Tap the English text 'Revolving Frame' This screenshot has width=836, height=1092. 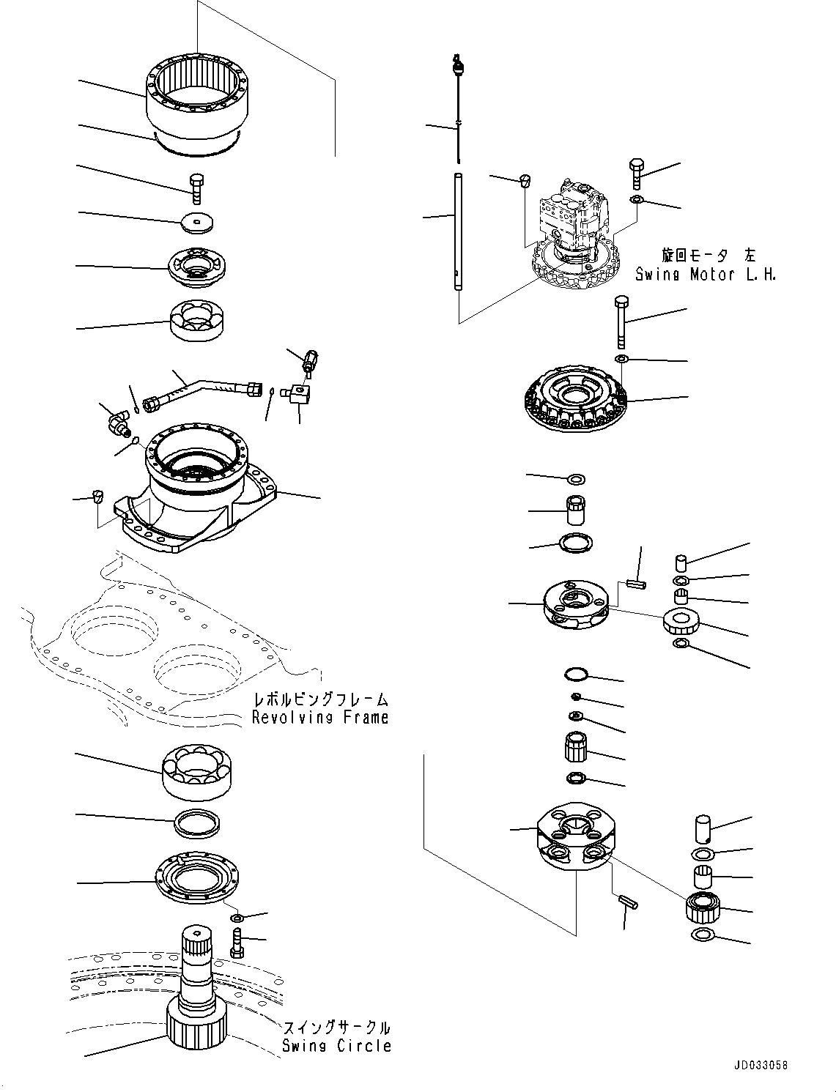320,718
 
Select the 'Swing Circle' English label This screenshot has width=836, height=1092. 337,1046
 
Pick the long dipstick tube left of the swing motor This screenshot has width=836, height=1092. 457,231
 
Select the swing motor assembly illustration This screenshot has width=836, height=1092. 579,227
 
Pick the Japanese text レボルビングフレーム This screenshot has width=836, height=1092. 320,699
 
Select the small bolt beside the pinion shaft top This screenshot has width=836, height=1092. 235,942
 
